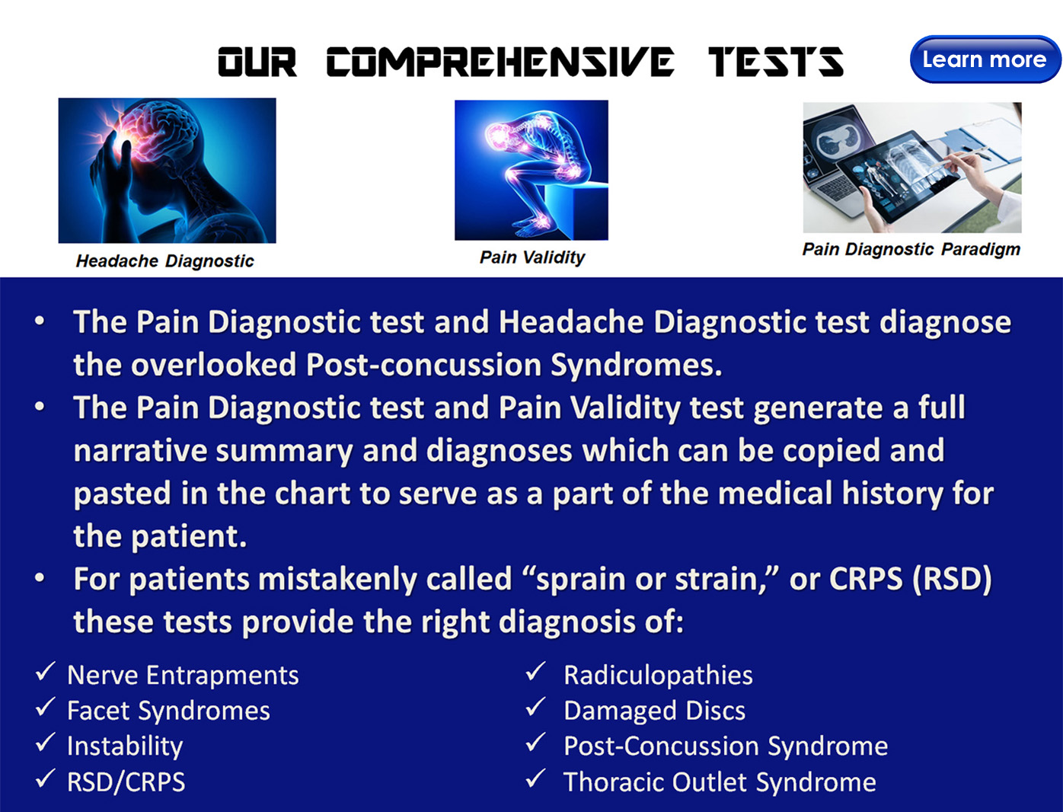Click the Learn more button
click(x=985, y=59)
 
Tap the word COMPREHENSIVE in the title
click(x=500, y=62)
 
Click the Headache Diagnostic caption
click(x=164, y=261)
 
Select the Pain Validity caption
click(x=531, y=257)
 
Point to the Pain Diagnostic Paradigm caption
click(x=911, y=250)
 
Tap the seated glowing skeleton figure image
click(x=531, y=170)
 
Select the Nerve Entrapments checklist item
click(x=167, y=674)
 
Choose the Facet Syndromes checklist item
click(x=152, y=710)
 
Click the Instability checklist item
click(x=109, y=746)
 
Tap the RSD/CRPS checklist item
click(x=110, y=782)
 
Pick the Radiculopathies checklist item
click(x=640, y=674)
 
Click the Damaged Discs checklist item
click(x=635, y=710)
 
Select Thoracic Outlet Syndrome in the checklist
click(x=701, y=782)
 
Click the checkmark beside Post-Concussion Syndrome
click(x=535, y=742)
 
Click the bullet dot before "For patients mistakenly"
click(x=40, y=578)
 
